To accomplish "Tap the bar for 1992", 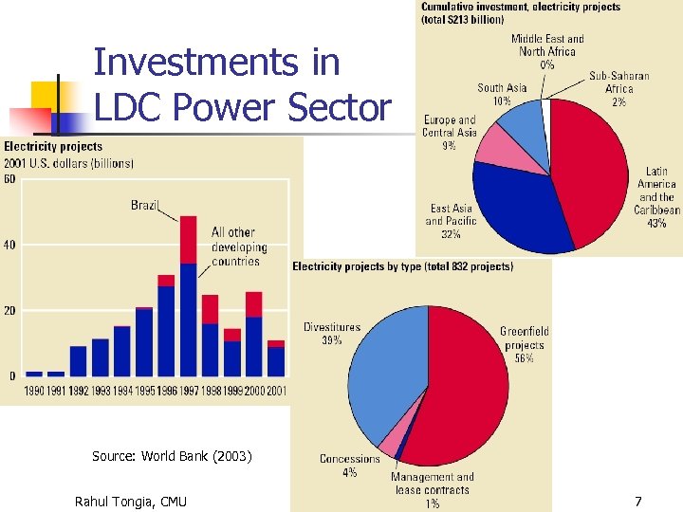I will pyautogui.click(x=79, y=361).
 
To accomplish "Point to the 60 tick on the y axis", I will pyautogui.click(x=9, y=180).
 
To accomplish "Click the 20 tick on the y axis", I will pyautogui.click(x=9, y=311).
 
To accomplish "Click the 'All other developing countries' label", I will pyautogui.click(x=239, y=247).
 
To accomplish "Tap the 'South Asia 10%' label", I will pyautogui.click(x=502, y=94).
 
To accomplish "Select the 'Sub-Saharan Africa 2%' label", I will pyautogui.click(x=618, y=88).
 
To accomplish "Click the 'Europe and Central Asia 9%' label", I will pyautogui.click(x=449, y=133).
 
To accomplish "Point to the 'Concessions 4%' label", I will pyautogui.click(x=349, y=466).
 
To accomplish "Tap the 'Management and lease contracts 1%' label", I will pyautogui.click(x=432, y=490).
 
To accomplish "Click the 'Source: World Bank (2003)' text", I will pyautogui.click(x=172, y=456).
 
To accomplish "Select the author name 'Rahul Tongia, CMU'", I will pyautogui.click(x=130, y=501).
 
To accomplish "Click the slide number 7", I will pyautogui.click(x=637, y=501).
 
